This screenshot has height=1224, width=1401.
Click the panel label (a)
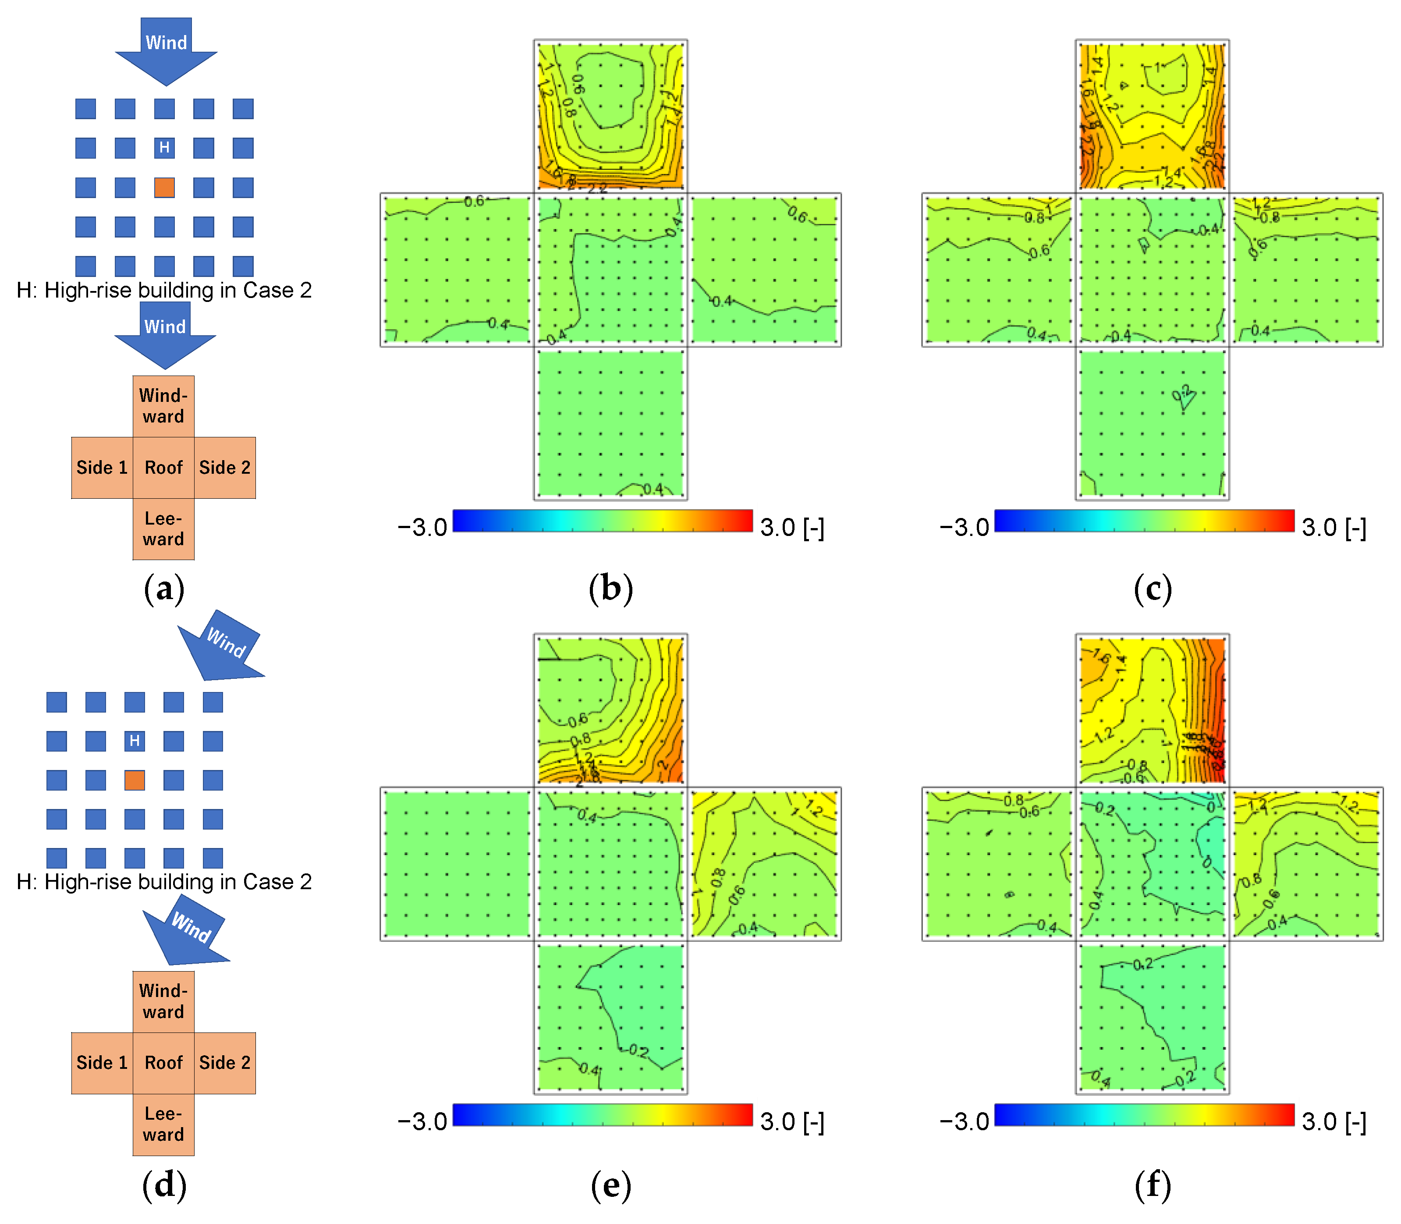164,589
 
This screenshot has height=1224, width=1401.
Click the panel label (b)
611,589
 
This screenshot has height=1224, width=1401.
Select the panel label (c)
1153,589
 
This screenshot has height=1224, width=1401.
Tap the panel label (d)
164,1185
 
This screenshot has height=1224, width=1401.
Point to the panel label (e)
611,1185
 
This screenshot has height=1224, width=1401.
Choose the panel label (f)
1153,1185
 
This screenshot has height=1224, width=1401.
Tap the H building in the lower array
135,741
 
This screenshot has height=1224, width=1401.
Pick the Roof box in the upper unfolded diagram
164,468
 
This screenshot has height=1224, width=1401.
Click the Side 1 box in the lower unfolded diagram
102,1063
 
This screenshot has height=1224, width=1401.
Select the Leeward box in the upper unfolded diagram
164,529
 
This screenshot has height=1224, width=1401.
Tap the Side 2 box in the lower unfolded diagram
225,1063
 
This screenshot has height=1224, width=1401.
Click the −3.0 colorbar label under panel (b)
422,527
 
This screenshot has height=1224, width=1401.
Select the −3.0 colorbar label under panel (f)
964,1121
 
